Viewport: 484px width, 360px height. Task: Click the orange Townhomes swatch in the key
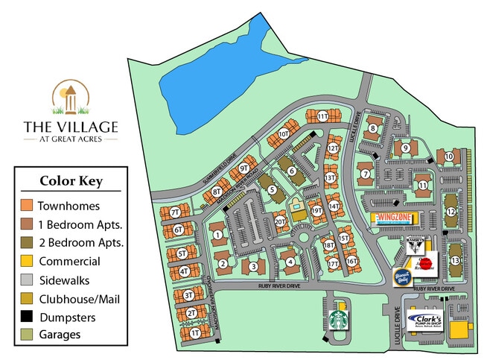[x=28, y=206]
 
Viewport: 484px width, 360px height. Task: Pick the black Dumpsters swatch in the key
[x=28, y=317]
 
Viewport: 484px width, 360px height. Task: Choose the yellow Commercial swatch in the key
[x=28, y=262]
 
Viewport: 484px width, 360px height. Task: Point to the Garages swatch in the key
[x=28, y=335]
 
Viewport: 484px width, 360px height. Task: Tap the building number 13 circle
[x=455, y=260]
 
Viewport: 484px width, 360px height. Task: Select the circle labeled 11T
[x=322, y=116]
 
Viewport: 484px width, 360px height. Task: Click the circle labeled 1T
[x=195, y=333]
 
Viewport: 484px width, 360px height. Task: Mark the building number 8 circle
[x=373, y=128]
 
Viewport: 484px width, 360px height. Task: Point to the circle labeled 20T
[x=280, y=221]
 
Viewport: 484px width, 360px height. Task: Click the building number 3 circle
[x=253, y=266]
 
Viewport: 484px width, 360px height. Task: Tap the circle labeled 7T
[x=176, y=212]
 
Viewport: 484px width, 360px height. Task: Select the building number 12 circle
[x=450, y=212]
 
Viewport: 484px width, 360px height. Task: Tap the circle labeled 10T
[x=283, y=134]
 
